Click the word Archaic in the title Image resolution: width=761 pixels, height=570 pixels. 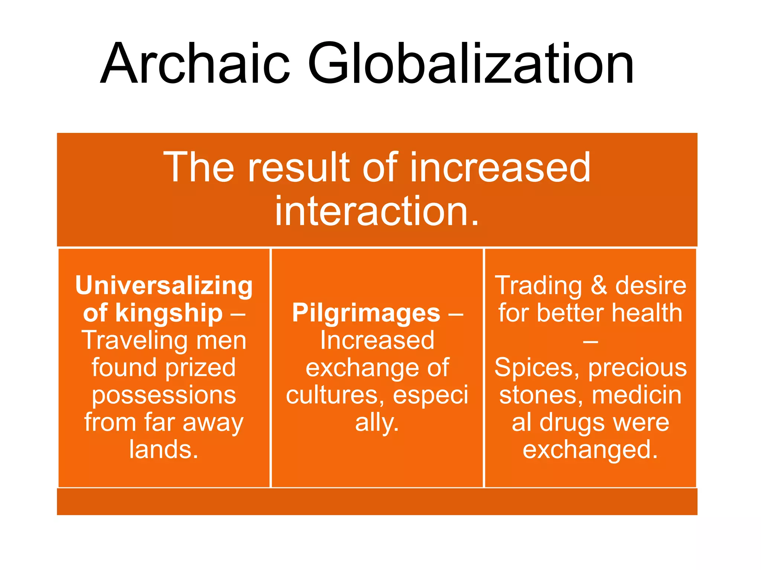click(x=195, y=64)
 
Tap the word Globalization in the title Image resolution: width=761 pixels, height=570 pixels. click(x=470, y=64)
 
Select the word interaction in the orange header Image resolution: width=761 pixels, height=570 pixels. click(x=372, y=211)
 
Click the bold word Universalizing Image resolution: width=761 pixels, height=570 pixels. click(x=164, y=286)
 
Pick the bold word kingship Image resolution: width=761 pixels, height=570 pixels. click(x=169, y=313)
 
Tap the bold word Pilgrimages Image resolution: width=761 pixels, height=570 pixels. click(x=366, y=313)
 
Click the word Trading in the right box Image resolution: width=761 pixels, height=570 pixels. click(x=538, y=286)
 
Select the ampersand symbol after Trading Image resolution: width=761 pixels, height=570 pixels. click(x=599, y=286)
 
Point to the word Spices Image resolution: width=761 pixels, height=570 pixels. click(x=537, y=368)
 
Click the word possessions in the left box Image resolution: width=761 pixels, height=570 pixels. click(x=164, y=395)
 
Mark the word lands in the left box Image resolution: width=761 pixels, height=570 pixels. click(x=160, y=450)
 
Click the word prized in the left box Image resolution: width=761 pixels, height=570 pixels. click(x=201, y=368)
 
